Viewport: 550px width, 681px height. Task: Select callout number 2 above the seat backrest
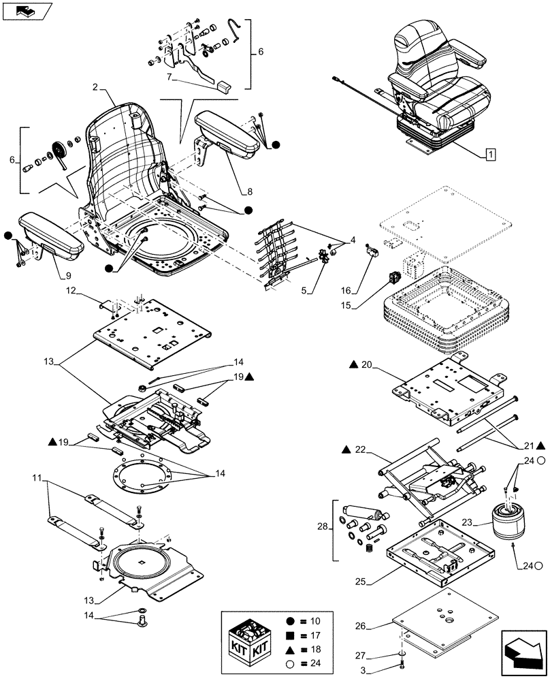[96, 88]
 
